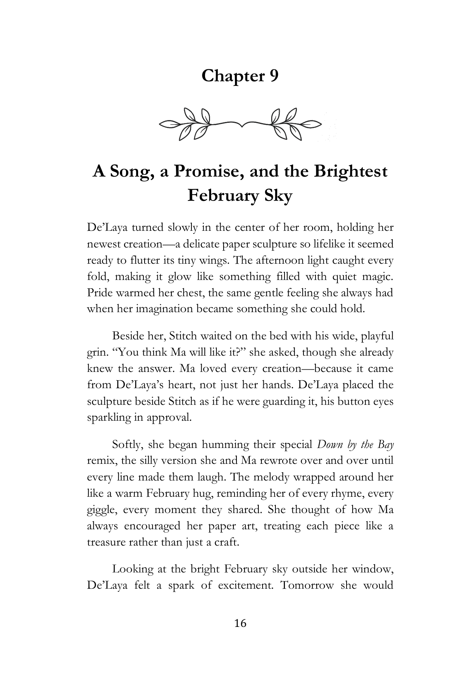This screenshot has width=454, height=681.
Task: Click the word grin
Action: coord(96,353)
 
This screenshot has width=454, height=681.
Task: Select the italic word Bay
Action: coord(386,445)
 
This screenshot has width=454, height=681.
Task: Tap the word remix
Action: coord(99,461)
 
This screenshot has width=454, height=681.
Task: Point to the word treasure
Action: coord(105,542)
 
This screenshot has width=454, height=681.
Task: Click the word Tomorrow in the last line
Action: coord(307,585)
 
